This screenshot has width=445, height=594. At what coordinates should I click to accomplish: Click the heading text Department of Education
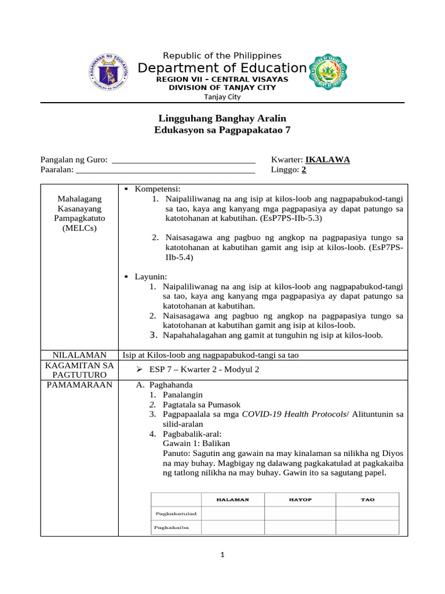pyautogui.click(x=222, y=68)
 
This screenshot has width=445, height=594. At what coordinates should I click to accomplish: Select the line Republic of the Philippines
pyautogui.click(x=222, y=56)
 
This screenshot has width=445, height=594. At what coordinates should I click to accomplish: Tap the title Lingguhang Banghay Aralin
pyautogui.click(x=222, y=118)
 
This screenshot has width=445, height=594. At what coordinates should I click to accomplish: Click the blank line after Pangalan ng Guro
pyautogui.click(x=183, y=161)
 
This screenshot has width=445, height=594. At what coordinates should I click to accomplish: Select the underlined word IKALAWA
pyautogui.click(x=327, y=160)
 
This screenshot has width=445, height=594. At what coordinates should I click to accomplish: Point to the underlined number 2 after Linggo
pyautogui.click(x=304, y=170)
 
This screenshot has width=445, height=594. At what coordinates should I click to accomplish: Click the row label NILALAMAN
pyautogui.click(x=79, y=354)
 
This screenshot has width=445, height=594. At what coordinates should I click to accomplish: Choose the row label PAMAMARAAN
pyautogui.click(x=79, y=385)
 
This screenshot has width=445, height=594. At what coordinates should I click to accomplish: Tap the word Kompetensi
pyautogui.click(x=158, y=189)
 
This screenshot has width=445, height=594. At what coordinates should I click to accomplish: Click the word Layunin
pyautogui.click(x=151, y=277)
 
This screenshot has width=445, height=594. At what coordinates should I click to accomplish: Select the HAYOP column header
pyautogui.click(x=300, y=499)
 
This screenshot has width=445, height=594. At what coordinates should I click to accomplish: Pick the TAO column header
pyautogui.click(x=367, y=499)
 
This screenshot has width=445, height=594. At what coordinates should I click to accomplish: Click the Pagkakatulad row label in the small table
pyautogui.click(x=176, y=513)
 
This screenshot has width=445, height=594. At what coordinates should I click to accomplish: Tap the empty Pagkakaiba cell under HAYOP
pyautogui.click(x=300, y=527)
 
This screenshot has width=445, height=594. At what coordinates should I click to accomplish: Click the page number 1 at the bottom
pyautogui.click(x=222, y=555)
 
